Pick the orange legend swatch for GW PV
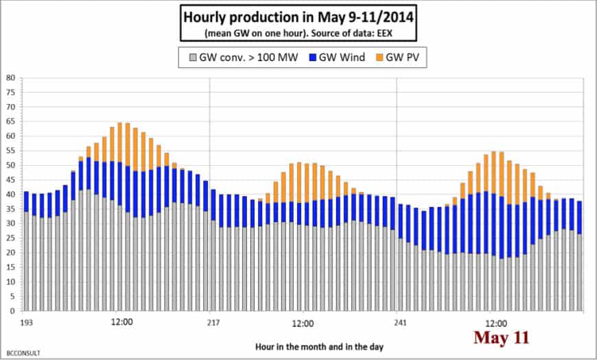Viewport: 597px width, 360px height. click(x=392, y=60)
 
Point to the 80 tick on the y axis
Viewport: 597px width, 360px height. click(x=10, y=77)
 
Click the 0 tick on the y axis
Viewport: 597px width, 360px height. click(x=12, y=311)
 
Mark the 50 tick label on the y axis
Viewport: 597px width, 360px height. click(x=10, y=165)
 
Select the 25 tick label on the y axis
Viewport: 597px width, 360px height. click(x=10, y=238)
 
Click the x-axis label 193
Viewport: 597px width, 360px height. click(x=27, y=322)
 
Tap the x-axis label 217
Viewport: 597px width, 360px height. click(x=209, y=322)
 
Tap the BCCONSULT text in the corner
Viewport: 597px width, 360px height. click(x=24, y=352)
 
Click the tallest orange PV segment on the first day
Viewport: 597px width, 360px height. click(x=119, y=143)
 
